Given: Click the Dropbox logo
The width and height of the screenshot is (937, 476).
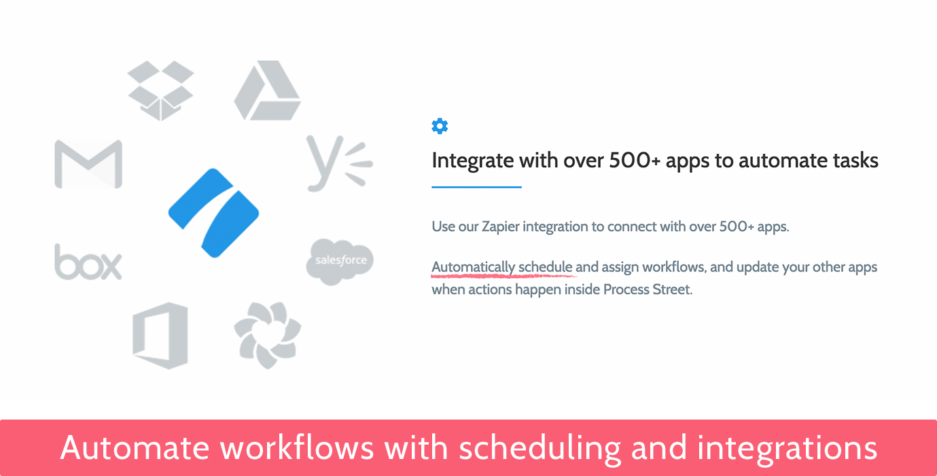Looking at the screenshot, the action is pos(160,90).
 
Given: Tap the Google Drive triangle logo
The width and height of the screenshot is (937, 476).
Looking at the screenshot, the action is pos(267,90).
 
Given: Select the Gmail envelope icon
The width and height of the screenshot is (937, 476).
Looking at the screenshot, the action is pos(89,164).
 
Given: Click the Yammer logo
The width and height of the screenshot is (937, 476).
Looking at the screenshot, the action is pos(339,163).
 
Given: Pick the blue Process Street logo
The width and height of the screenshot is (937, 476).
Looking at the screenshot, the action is pos(214,213).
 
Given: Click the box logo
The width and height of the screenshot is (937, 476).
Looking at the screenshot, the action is pos(88,262).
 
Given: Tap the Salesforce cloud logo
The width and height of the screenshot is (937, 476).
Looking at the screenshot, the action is pos(340,262).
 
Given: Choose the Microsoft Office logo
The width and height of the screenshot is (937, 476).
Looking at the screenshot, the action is pos(160,335).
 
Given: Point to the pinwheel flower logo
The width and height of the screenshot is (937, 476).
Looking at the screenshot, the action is pos(267,335).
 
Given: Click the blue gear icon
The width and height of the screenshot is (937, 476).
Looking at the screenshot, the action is pos(440,126).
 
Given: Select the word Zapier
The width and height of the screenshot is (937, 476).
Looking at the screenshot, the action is pos(500,227).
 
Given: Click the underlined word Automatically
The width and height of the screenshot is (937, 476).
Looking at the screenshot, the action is pos(473,267).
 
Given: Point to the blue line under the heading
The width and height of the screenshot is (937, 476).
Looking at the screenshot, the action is pos(476,187).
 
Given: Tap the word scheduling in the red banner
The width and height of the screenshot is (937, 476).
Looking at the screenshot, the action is pos(540,449).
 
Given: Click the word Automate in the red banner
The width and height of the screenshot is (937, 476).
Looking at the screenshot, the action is pos(135,448).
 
